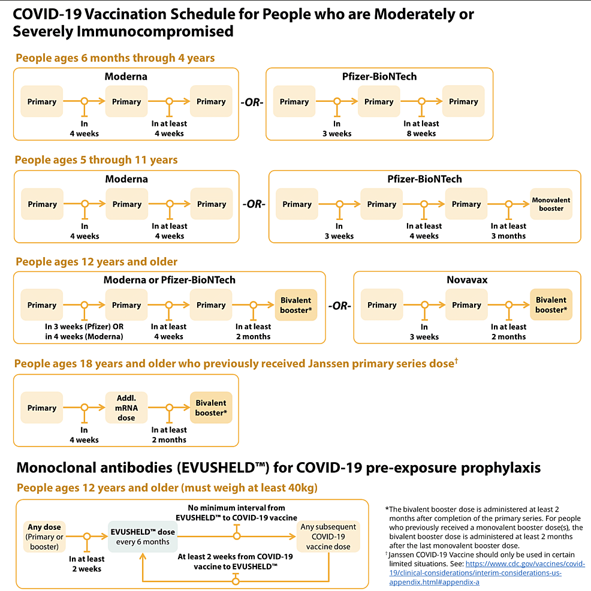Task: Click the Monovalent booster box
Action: (x=551, y=204)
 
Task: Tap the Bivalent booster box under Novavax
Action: (x=551, y=304)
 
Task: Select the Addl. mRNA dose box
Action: (x=126, y=408)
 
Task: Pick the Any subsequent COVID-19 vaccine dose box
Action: (x=328, y=536)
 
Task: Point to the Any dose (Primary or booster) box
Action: (x=44, y=536)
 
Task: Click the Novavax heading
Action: (x=466, y=280)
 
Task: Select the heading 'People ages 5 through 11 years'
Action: (x=96, y=160)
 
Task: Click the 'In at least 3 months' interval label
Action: (x=508, y=231)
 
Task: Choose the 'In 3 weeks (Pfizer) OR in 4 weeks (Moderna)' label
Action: (x=84, y=331)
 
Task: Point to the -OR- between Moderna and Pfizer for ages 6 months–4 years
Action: (x=252, y=102)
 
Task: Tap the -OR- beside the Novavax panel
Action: (x=339, y=306)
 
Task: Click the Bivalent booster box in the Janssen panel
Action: (x=210, y=408)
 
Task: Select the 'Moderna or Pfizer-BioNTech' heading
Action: (x=170, y=280)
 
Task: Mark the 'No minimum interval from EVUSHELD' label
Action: (x=236, y=512)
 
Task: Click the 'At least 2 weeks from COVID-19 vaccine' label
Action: (x=236, y=561)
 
